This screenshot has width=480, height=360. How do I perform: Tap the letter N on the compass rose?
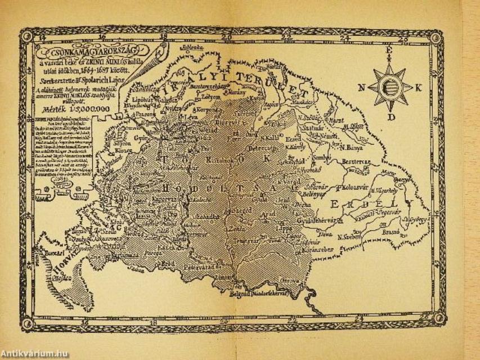coord(361,87)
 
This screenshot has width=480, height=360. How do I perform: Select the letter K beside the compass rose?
coord(419,87)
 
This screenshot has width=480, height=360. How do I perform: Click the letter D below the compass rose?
coord(390,117)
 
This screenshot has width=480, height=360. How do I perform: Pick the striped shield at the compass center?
coord(389,88)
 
